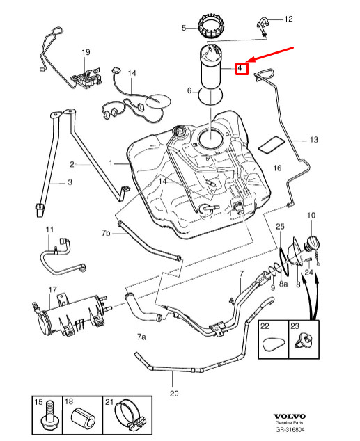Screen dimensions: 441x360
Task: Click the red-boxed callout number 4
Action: (240, 68)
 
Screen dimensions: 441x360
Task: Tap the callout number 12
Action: (289, 19)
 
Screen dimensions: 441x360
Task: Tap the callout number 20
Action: (174, 393)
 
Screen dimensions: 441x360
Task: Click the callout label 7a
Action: (141, 337)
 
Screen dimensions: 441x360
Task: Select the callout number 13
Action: (313, 140)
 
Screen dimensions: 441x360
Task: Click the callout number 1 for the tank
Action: (109, 163)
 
